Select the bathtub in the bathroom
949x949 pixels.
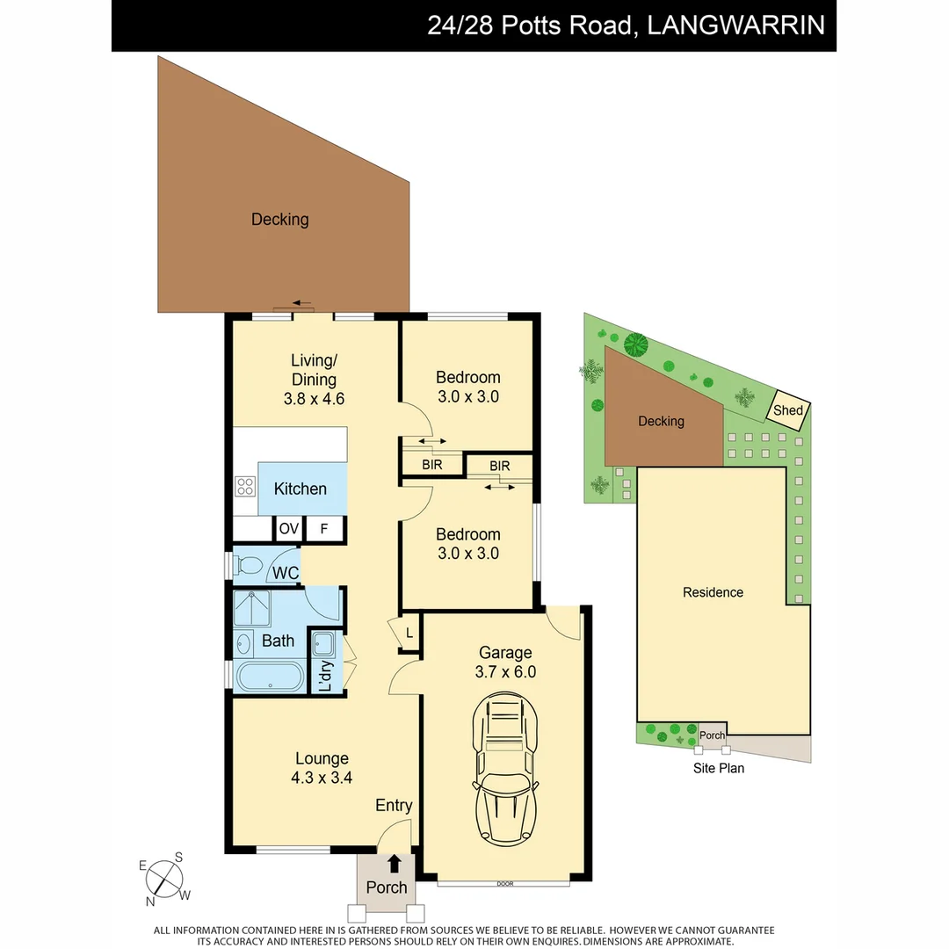point(271,677)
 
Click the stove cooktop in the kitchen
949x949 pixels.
point(244,487)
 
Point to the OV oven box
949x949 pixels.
point(288,529)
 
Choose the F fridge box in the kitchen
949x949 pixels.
point(324,529)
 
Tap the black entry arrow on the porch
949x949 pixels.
point(395,864)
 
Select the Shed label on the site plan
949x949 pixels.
point(787,411)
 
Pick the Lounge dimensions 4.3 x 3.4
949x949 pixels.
point(322,777)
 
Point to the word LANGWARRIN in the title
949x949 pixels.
point(735,25)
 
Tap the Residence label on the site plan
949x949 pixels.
point(713,592)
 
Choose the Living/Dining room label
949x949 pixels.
point(314,370)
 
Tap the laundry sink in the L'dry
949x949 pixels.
point(322,644)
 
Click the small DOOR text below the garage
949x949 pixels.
point(504,884)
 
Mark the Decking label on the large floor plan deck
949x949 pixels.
point(279,220)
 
